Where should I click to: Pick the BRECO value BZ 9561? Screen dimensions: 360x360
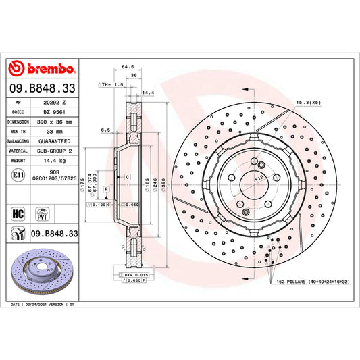pos(53,112)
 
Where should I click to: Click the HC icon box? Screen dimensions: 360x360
pos(17,212)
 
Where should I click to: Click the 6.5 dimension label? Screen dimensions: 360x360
pos(105,130)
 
